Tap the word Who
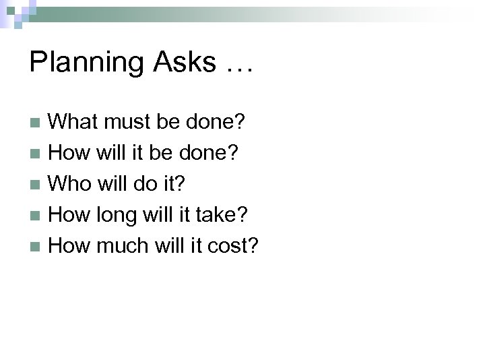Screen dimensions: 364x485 72,184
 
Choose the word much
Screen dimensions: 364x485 125,246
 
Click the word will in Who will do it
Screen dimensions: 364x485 117,184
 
